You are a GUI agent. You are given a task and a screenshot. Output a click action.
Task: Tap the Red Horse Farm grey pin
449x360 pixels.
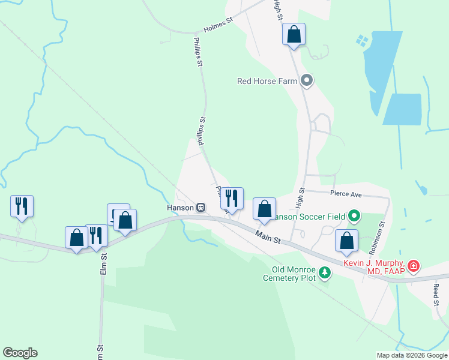coord(307,80)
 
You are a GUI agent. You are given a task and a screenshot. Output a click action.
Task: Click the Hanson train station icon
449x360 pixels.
coord(201,208)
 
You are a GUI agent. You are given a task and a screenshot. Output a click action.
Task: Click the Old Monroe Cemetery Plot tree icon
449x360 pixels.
coord(325,273)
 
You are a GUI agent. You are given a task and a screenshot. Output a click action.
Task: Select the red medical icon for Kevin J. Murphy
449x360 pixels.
coord(413,265)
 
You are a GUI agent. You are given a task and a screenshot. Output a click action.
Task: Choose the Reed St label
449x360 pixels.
coord(436,295)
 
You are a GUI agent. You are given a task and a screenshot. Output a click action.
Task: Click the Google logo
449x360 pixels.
coord(20,353)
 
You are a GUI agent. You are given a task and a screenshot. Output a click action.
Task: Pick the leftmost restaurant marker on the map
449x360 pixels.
coord(22,206)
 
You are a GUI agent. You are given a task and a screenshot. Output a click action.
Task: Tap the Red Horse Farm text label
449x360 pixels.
coord(267,81)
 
